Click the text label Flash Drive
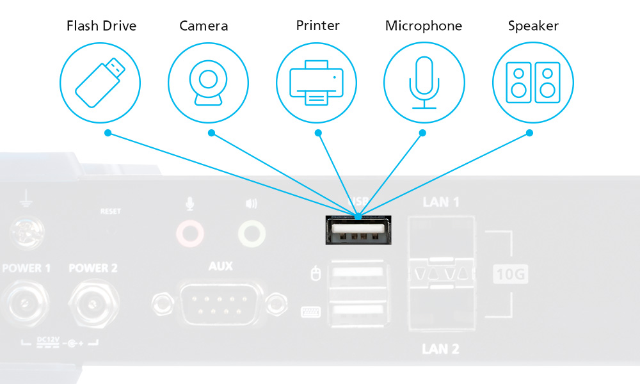(x=102, y=26)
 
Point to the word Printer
(x=317, y=26)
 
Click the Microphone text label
(x=423, y=26)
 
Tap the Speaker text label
(x=533, y=26)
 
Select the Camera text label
(x=204, y=26)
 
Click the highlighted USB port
(x=356, y=231)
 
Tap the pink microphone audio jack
(x=189, y=234)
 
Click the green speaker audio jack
(x=251, y=234)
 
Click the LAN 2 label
(x=441, y=349)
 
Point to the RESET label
(x=110, y=211)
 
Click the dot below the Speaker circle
(x=530, y=133)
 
